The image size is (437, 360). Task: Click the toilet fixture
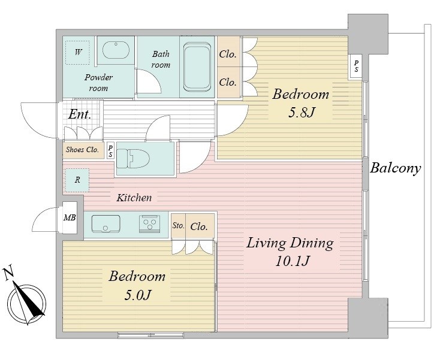tap(132, 159)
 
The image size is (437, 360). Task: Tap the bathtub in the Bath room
tap(197, 67)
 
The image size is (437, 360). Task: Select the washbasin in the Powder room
tap(116, 50)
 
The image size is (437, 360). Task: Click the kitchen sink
tap(106, 223)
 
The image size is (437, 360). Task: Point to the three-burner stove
tap(150, 223)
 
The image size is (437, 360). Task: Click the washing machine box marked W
tap(77, 53)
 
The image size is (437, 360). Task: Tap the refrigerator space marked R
tap(77, 180)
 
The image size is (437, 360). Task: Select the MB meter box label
tap(70, 217)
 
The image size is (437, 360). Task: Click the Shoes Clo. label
tap(82, 150)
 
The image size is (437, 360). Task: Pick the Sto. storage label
tap(178, 225)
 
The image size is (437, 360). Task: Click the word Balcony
tap(395, 169)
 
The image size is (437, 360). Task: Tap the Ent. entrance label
tap(80, 114)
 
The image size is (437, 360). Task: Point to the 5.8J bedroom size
tap(302, 113)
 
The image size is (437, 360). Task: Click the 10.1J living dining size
tap(293, 261)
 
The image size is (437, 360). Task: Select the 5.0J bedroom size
tap(138, 295)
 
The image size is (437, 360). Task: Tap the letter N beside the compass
tap(9, 273)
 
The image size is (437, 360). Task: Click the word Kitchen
tap(134, 198)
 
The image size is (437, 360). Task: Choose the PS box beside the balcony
tap(356, 67)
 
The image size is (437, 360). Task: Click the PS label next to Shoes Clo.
tap(111, 151)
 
